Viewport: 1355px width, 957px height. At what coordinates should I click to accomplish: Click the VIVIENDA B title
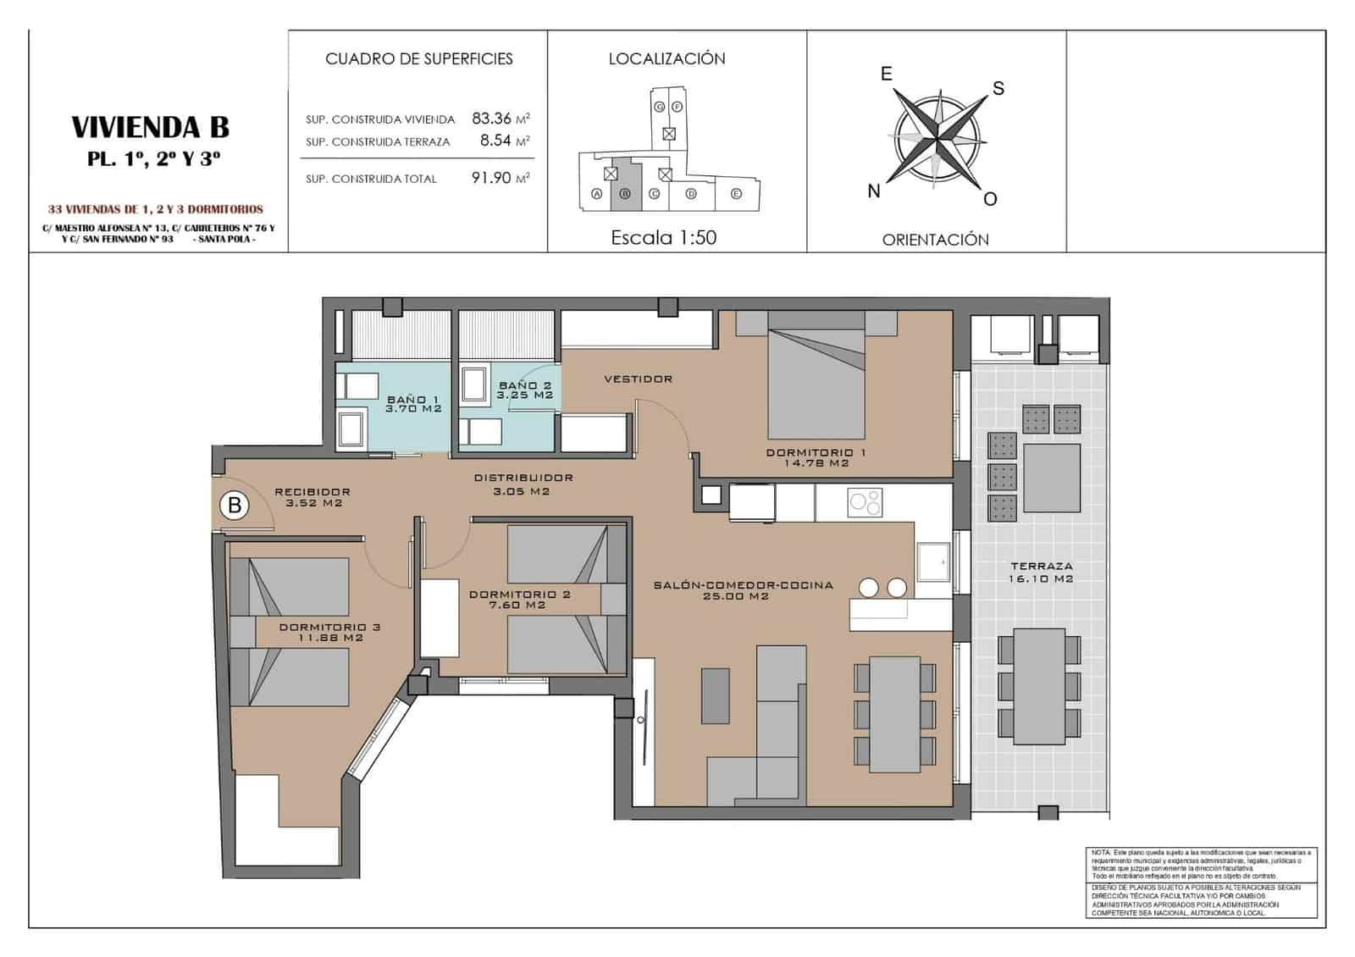pos(151,127)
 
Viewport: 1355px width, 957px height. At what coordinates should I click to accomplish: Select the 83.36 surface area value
pos(492,119)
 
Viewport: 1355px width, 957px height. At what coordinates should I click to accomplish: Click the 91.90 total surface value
pos(491,178)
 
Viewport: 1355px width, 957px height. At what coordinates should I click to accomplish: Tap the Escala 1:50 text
pos(663,238)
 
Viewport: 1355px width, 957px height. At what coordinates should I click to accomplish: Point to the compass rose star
pos(936,137)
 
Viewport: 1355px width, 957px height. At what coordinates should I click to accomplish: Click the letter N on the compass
pos(874,191)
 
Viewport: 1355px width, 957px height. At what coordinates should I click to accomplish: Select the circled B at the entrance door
pos(235,506)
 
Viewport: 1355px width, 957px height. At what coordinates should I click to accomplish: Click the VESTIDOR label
pos(639,379)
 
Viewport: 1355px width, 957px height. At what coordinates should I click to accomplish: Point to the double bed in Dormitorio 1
pos(816,381)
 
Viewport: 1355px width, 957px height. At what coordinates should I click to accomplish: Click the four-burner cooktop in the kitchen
pos(865,502)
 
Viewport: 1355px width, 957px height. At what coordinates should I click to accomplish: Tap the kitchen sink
pos(934,561)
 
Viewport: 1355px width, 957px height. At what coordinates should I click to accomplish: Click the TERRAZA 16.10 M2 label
pos(1041,572)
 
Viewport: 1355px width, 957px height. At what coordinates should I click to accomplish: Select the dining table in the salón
pos(895,714)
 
